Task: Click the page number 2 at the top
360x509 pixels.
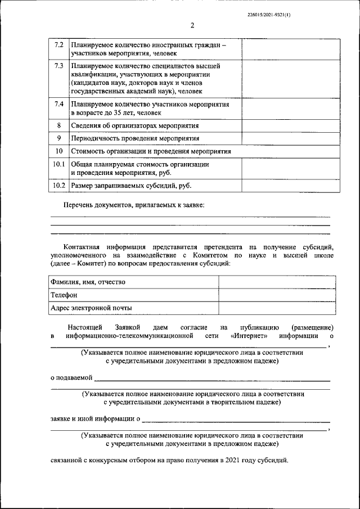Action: [x=192, y=26]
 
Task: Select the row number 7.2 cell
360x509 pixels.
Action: [x=58, y=45]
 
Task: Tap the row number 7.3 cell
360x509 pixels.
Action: [x=58, y=66]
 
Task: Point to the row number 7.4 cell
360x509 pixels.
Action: [x=58, y=105]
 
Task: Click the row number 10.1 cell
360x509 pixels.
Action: [x=58, y=165]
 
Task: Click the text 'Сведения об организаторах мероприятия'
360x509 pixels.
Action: [x=135, y=125]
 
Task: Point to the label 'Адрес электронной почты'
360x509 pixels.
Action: [x=91, y=308]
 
